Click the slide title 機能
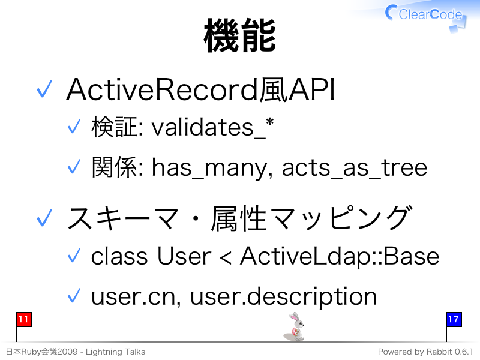coord(239,35)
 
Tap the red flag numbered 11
coord(24,319)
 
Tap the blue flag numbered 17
coord(454,319)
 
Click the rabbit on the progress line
coord(295,326)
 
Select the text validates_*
coord(212,127)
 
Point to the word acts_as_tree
coord(354,168)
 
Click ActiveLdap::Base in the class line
coord(340,257)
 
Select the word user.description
coord(283,296)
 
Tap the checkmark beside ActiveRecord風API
coord(44,89)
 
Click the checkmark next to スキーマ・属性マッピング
coord(44,218)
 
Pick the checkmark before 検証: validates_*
coord(74,126)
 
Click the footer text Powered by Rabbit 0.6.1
coord(425,352)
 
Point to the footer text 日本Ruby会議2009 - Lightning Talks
coord(76,352)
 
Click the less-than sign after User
coord(226,258)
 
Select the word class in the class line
coord(119,256)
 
